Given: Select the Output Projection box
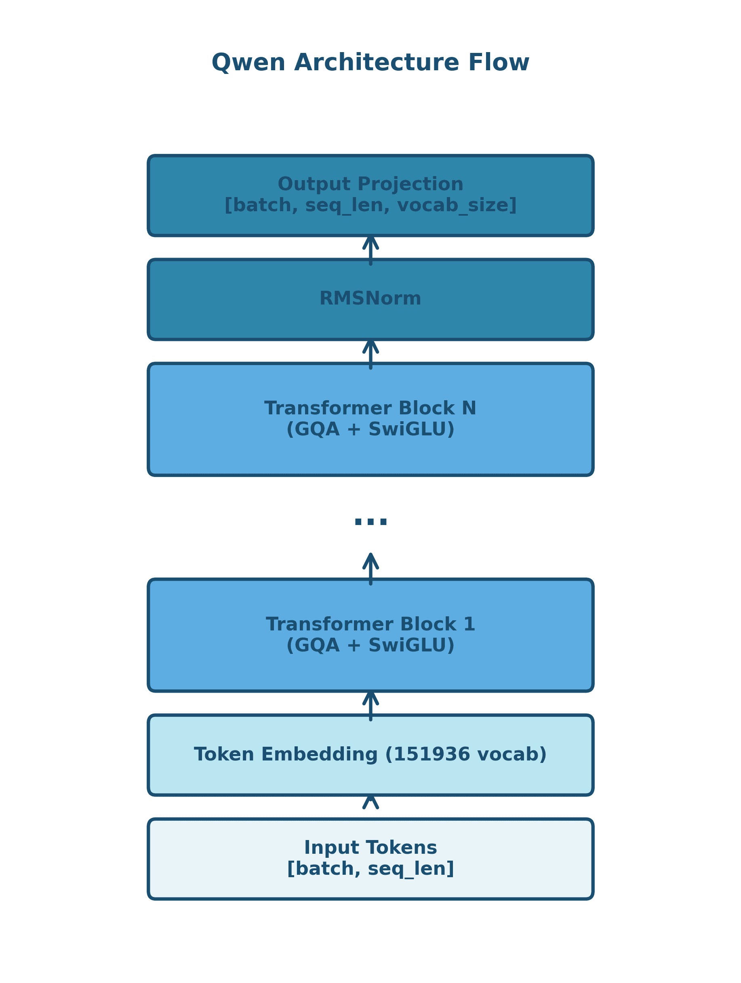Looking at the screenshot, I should (370, 195).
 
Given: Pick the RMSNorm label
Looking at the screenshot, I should (370, 298).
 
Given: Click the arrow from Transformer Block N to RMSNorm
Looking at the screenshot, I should (370, 354).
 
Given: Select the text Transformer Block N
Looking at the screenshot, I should (370, 408).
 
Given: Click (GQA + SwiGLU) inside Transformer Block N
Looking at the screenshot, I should (370, 430).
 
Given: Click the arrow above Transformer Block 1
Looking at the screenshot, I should (370, 569).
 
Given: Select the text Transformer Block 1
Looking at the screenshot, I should (370, 624).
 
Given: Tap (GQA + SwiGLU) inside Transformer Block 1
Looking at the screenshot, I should (370, 646).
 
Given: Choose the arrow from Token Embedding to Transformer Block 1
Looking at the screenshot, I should (370, 706).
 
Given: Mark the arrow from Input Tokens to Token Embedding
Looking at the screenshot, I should (370, 802).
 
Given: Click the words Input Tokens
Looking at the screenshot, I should (370, 848).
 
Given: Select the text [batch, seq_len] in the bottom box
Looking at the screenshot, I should (370, 869).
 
